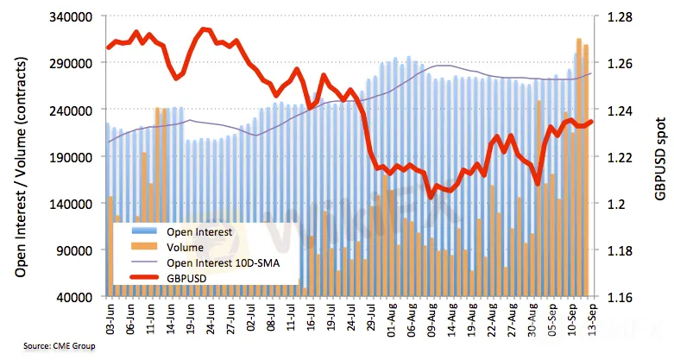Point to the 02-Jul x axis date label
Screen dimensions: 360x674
252,320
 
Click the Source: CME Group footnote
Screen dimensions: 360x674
58,346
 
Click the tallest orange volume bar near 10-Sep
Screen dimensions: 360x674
579,164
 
